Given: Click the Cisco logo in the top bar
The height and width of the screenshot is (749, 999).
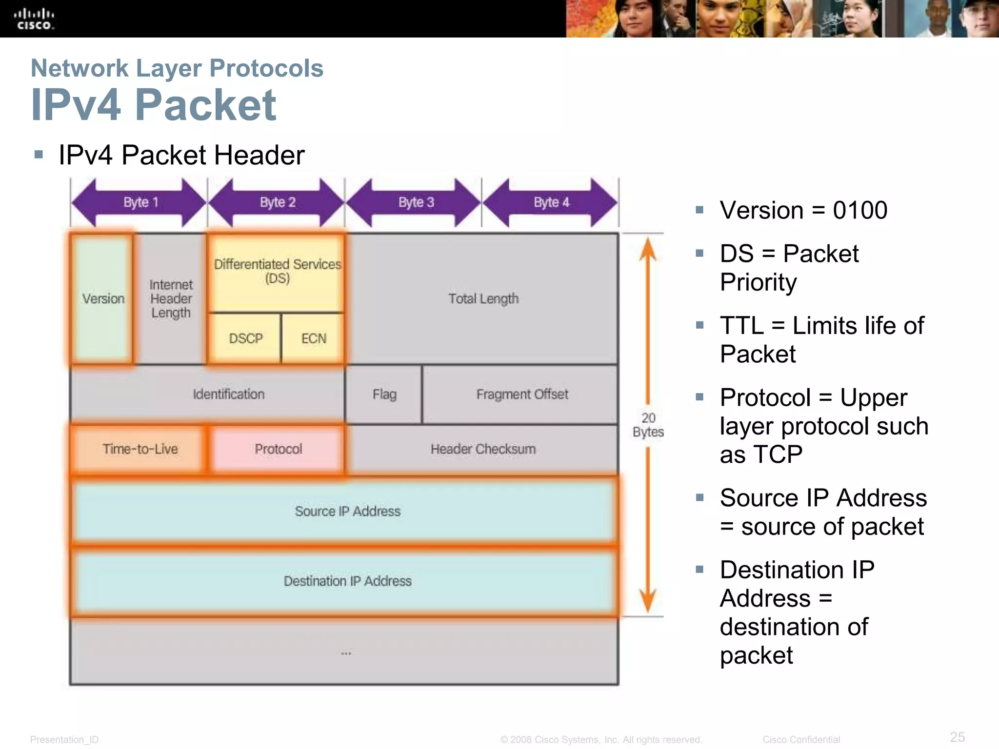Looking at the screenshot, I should point(34,19).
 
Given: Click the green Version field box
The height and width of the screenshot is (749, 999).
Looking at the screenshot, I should point(102,298).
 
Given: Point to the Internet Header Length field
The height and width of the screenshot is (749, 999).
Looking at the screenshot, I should point(171,298).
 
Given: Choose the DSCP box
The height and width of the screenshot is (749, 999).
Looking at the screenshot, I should point(245,338).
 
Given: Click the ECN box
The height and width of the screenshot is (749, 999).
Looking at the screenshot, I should point(313,338).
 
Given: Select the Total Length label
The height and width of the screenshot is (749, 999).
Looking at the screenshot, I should point(483,298).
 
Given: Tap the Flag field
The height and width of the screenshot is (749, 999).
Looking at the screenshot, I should point(384,394).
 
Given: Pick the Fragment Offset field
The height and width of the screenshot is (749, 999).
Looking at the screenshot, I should point(521,394).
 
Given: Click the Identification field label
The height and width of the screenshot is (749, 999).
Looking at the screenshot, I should point(228,394).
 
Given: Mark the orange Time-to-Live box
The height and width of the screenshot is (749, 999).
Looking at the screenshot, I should point(140,449).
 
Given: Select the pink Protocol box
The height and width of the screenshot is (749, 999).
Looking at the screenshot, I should point(278,449).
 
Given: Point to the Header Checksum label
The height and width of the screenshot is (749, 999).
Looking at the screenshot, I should point(483,449).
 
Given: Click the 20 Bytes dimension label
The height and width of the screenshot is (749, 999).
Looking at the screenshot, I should point(648,425).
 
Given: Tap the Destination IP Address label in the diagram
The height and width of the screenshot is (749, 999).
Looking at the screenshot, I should point(347,581).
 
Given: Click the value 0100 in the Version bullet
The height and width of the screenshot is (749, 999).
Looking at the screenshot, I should point(859,211).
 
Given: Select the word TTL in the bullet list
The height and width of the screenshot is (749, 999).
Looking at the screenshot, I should point(741,326).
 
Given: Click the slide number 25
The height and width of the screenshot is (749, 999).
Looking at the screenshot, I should point(957,736).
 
